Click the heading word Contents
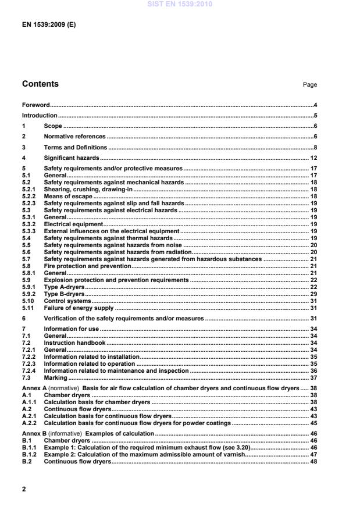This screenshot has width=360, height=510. [40, 84]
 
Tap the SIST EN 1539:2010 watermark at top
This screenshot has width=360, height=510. [180, 4]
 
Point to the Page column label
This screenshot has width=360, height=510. [309, 85]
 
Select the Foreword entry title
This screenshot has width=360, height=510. [35, 105]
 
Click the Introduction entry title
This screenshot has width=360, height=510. [39, 115]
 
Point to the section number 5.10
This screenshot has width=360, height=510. [28, 301]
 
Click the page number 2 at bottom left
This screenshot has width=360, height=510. [24, 489]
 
